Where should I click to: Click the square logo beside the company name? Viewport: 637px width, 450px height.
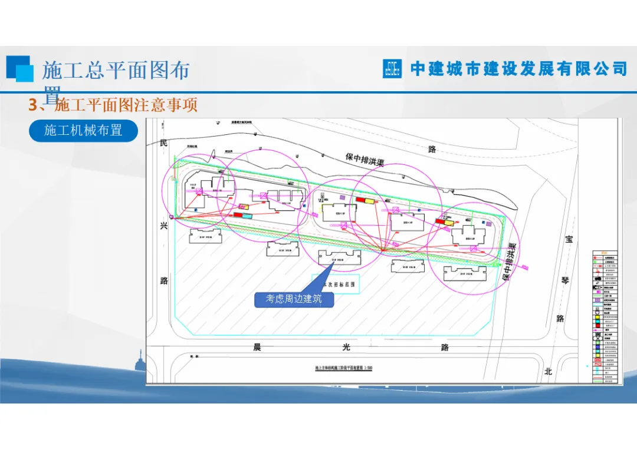point(392,68)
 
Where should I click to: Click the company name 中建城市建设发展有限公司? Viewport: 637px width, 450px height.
point(519,68)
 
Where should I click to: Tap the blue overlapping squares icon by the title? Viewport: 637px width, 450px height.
point(20,68)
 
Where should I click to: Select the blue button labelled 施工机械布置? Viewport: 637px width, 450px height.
point(83,130)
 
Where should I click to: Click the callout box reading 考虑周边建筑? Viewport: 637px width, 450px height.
point(294,299)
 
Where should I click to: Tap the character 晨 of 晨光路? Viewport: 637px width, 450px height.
point(257,347)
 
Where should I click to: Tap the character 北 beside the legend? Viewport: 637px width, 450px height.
point(548,371)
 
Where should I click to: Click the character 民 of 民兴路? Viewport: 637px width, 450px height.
point(163,144)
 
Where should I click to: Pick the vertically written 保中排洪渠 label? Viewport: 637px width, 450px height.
point(510,262)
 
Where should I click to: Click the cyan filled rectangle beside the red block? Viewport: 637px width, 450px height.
point(247,216)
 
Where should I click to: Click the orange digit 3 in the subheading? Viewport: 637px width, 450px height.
point(33,105)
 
